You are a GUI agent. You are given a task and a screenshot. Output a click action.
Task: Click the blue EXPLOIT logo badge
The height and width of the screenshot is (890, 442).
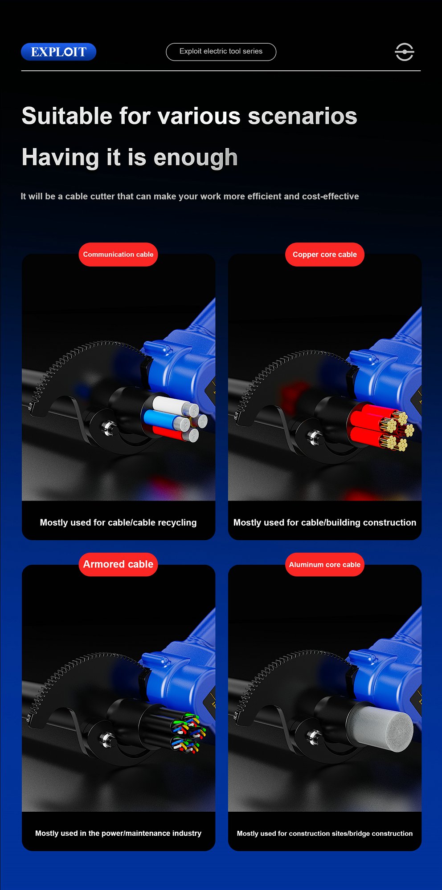tap(58, 52)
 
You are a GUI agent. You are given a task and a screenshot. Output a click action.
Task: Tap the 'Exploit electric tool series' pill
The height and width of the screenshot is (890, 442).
tap(221, 52)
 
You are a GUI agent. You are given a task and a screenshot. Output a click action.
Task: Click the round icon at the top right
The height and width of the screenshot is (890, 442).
tap(405, 52)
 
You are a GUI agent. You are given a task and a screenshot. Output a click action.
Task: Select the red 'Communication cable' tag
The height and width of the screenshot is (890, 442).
tap(118, 255)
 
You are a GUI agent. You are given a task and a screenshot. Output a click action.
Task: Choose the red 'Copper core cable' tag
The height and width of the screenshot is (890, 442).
tap(325, 255)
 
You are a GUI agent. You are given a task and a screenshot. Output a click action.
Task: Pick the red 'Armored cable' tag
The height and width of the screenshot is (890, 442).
tap(118, 564)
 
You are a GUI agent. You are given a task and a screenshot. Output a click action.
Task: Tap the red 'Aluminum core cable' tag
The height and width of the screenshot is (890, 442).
tap(325, 564)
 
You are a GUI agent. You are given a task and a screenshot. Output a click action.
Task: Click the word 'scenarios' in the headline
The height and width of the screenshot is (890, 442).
tap(302, 116)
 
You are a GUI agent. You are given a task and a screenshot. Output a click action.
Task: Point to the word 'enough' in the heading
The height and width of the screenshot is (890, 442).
tap(196, 158)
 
